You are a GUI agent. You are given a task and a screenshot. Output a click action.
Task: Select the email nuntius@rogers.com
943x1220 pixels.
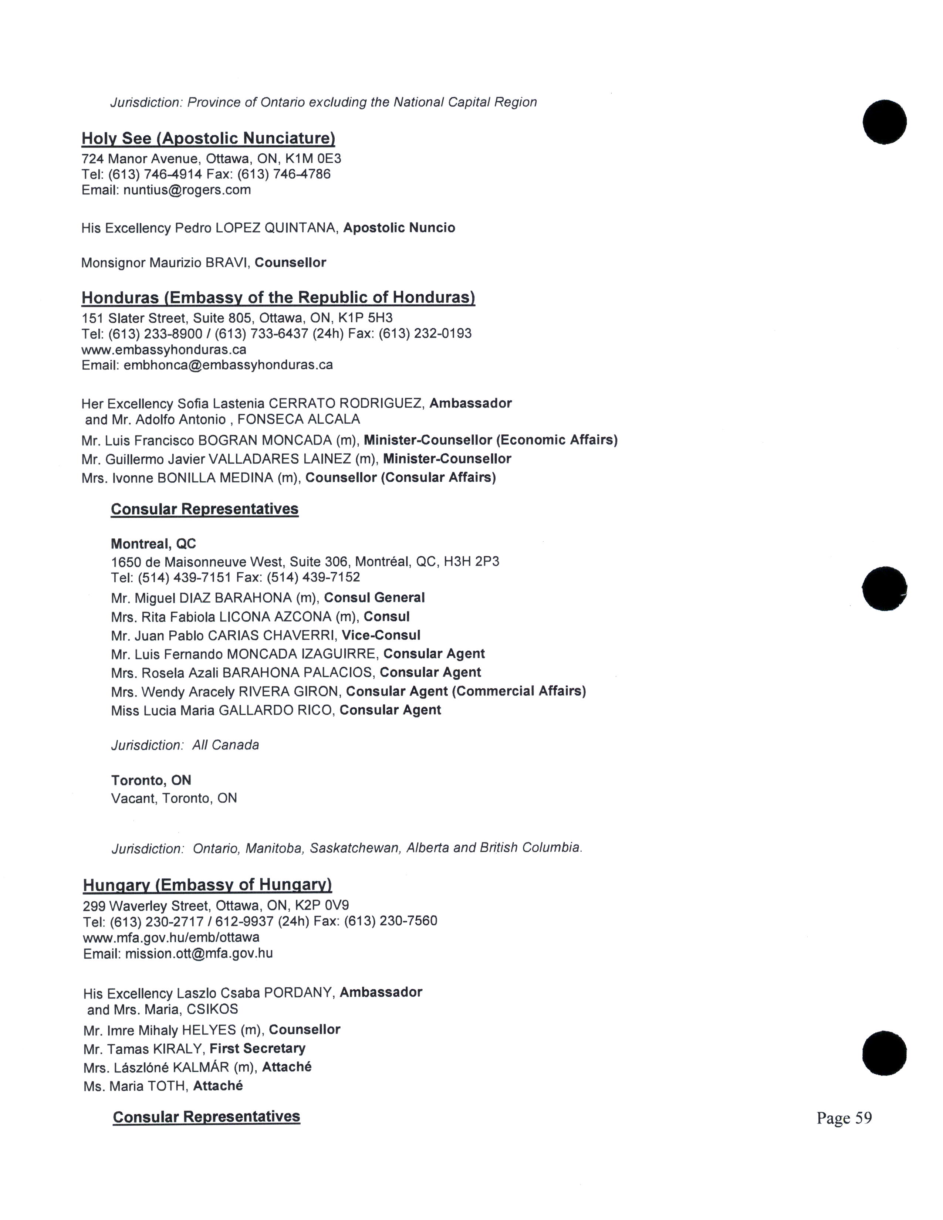point(187,190)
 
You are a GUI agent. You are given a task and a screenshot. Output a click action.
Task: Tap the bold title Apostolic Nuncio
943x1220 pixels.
point(399,228)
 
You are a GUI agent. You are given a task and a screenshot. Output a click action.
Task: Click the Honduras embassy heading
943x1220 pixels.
point(278,297)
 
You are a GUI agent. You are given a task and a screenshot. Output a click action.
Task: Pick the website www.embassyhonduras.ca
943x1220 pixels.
point(164,350)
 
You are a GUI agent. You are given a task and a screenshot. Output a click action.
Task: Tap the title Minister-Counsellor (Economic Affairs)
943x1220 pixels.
point(490,440)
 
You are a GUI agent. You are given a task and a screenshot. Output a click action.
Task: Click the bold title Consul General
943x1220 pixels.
point(374,598)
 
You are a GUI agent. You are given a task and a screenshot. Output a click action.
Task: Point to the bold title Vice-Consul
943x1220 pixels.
point(381,635)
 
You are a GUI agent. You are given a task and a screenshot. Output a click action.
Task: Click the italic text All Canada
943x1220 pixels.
point(226,745)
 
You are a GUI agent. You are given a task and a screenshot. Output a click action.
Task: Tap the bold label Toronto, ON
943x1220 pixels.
point(151,780)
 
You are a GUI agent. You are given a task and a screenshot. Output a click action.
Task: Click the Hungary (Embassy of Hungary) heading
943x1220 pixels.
point(207,885)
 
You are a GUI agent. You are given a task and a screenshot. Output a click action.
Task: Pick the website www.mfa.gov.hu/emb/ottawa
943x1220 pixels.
point(171,937)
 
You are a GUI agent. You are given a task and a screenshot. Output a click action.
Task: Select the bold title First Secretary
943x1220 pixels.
point(257,1048)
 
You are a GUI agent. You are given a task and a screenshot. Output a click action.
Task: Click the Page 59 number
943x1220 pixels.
point(844,1118)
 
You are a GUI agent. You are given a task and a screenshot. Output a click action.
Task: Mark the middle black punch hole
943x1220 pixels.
point(884,589)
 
